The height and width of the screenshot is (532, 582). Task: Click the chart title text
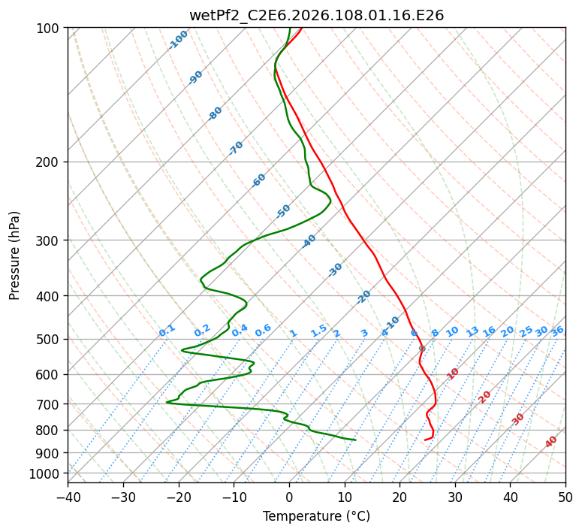coord(316,15)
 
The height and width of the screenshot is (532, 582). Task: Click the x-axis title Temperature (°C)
coord(316,517)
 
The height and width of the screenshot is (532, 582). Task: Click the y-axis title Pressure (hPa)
coord(15,255)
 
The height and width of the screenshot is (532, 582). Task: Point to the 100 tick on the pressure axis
coord(49,29)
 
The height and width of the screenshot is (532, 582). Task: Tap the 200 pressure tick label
coord(49,162)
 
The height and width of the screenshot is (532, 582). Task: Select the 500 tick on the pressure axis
coord(49,340)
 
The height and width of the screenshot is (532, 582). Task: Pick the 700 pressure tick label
coord(49,405)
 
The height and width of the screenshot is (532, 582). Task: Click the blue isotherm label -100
coord(179,40)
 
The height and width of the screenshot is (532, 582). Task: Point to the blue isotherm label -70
coord(236,148)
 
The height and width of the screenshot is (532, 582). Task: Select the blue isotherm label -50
coord(283,211)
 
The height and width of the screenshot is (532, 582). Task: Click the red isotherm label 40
coord(551,442)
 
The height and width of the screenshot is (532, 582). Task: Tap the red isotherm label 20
coord(485,396)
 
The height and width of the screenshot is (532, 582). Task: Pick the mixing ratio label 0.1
coord(167,330)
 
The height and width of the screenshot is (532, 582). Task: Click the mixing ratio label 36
coord(557,331)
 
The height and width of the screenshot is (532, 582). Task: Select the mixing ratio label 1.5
coord(318,330)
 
